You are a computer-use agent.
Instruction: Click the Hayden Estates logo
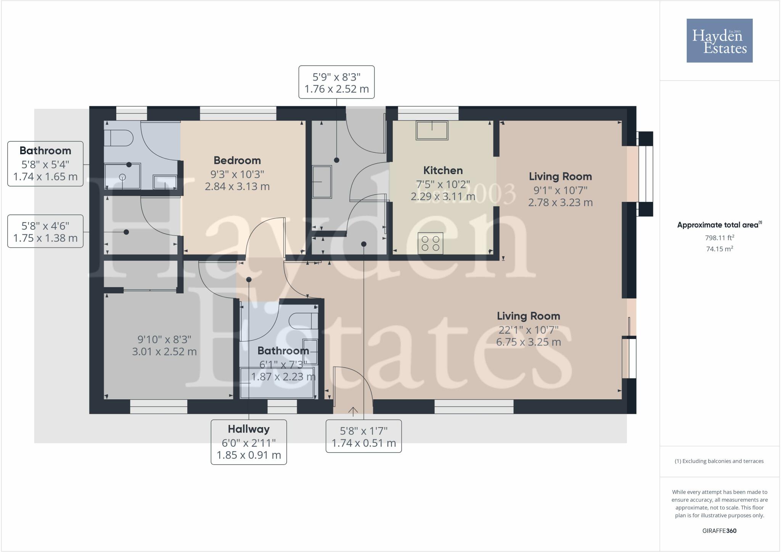point(719,40)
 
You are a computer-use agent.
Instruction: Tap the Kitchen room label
point(443,170)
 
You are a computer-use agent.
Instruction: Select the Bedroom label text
point(237,160)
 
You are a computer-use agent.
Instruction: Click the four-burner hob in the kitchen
point(431,243)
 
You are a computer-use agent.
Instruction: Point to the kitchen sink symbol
point(432,131)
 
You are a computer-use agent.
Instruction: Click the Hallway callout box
point(249,442)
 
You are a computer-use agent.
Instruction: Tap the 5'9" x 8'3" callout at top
point(336,82)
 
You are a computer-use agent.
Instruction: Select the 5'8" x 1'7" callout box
point(363,436)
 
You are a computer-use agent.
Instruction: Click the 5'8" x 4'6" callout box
point(45,232)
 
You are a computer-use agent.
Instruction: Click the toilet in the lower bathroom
point(303,321)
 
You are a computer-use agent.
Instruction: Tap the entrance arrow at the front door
point(353,411)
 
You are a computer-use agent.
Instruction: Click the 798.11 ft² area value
point(719,238)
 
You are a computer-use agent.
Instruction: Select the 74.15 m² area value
point(719,249)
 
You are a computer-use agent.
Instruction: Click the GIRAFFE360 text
point(719,531)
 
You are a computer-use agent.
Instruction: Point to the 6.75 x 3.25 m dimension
point(528,342)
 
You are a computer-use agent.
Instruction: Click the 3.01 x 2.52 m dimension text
point(164,352)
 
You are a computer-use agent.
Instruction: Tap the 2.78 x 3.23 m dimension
point(560,202)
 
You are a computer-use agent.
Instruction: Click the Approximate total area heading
point(718,225)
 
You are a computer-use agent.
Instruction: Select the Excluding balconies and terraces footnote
point(719,461)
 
